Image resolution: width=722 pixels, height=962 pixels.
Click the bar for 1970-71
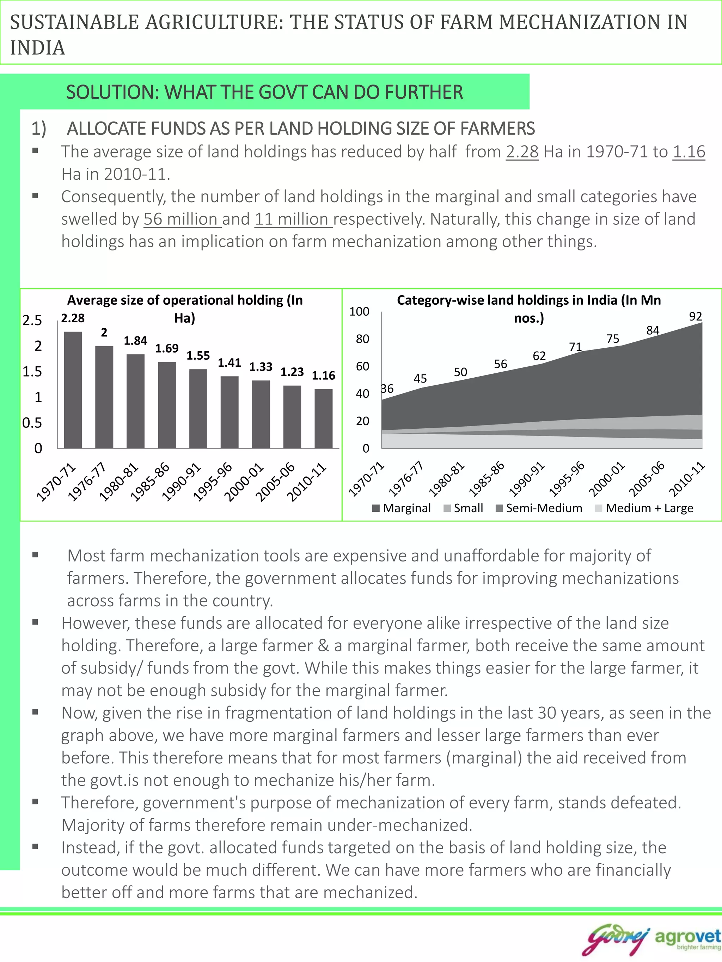[x=73, y=390]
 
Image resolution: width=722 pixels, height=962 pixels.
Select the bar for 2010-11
[x=323, y=418]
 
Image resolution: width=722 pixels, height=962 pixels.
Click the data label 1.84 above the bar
[x=135, y=341]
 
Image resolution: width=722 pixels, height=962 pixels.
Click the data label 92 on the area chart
[x=695, y=316]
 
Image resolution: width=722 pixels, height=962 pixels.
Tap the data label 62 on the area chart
[x=539, y=356]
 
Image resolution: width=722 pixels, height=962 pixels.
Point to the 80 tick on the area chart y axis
[x=362, y=339]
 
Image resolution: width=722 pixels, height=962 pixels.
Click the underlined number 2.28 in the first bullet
[x=522, y=152]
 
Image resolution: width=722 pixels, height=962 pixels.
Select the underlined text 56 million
[x=182, y=219]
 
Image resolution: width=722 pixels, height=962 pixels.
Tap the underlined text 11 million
[x=293, y=219]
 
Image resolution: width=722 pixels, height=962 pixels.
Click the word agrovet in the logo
[x=687, y=936]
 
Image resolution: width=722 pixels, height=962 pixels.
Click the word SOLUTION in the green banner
[x=112, y=92]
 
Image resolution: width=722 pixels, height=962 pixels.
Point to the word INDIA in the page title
[x=38, y=48]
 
